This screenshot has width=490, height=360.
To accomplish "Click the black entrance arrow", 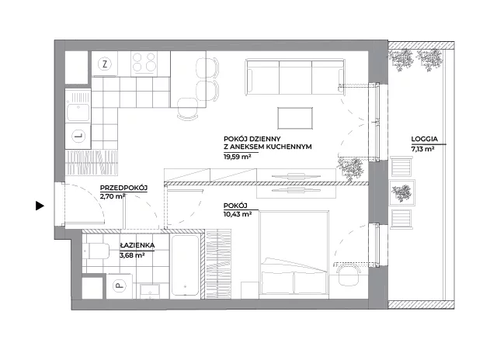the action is [40, 206].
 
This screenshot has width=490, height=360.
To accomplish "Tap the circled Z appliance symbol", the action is [105, 64].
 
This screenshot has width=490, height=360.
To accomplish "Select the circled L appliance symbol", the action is [78, 136].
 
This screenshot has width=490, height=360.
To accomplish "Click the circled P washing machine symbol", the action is [119, 286].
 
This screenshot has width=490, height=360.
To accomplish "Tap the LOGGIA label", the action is [424, 139].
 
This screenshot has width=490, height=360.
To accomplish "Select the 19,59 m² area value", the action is [238, 157].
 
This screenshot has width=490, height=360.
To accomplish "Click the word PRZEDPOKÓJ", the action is [123, 188].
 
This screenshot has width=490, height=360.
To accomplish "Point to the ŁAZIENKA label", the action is [137, 246].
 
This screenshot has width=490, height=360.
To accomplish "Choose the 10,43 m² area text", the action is [238, 214].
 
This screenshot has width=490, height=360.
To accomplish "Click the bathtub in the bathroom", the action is [185, 265].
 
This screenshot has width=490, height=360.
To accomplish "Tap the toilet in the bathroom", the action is [96, 251].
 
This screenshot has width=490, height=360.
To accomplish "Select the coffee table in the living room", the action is [295, 118].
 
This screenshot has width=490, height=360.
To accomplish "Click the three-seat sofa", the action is [294, 77].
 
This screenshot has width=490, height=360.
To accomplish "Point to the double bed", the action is [294, 253].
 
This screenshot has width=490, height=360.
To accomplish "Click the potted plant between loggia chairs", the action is [402, 192].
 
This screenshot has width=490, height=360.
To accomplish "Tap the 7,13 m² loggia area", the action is [422, 149].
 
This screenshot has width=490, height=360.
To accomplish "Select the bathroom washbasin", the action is [151, 291].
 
